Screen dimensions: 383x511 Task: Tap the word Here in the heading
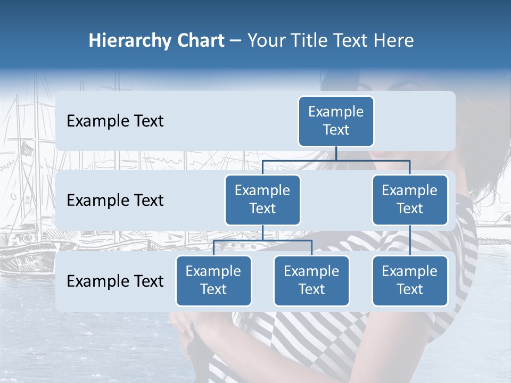(393, 41)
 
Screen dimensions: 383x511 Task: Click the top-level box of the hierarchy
(336, 121)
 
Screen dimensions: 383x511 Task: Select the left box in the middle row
(262, 199)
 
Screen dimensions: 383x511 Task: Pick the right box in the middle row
(410, 199)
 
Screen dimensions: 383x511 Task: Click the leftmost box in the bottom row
(213, 280)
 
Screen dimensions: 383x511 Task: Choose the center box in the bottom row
(311, 280)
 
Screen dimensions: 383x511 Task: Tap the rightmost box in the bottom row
(410, 280)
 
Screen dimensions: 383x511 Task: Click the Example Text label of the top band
(115, 121)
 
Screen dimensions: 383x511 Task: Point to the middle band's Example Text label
(115, 201)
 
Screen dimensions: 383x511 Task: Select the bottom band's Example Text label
(115, 281)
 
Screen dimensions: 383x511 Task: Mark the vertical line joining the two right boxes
(410, 240)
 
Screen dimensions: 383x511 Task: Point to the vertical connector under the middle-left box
(262, 232)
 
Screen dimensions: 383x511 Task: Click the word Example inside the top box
(336, 112)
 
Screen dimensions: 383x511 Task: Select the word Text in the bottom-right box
(410, 289)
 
